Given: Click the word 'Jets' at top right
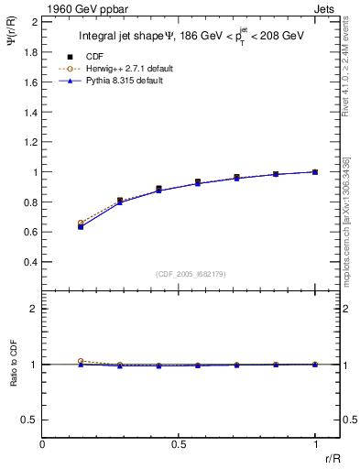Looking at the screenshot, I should click(x=323, y=8).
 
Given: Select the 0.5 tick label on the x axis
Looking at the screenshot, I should click(x=179, y=444).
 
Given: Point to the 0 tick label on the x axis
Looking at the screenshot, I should click(x=43, y=444).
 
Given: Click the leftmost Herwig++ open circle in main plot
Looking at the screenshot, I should click(x=81, y=223).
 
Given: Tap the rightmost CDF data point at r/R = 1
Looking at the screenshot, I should click(x=315, y=171).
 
